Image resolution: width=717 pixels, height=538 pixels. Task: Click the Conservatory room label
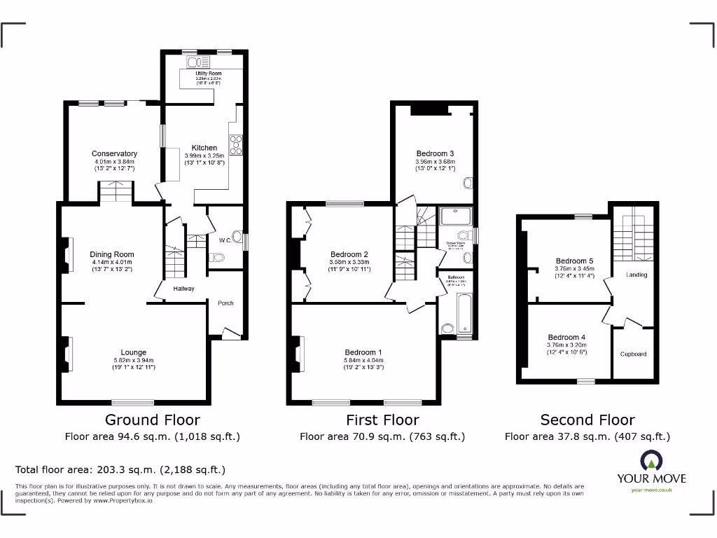[x=114, y=153]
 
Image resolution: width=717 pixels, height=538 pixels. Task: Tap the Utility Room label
[x=203, y=73]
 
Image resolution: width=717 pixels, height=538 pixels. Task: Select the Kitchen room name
[x=204, y=148]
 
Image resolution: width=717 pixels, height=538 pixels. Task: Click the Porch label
[x=225, y=303]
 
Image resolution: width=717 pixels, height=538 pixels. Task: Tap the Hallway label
[x=183, y=289]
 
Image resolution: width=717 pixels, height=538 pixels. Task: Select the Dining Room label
[x=111, y=255]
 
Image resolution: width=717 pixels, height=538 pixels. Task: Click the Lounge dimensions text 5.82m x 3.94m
[x=133, y=361]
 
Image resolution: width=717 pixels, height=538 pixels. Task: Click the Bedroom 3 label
[x=435, y=153]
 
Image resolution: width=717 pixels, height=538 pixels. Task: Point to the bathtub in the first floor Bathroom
[x=464, y=315]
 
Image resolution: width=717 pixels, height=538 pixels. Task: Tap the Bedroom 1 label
[x=363, y=352]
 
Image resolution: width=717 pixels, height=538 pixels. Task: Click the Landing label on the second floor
[x=636, y=275]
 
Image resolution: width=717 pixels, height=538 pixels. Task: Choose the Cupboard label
[x=633, y=354]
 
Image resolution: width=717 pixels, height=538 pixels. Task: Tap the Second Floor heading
[x=587, y=420]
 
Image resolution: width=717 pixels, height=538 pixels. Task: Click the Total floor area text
[x=120, y=470]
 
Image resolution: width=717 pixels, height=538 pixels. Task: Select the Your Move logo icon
[x=650, y=460]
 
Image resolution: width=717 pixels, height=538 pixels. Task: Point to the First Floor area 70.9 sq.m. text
[x=382, y=436]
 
